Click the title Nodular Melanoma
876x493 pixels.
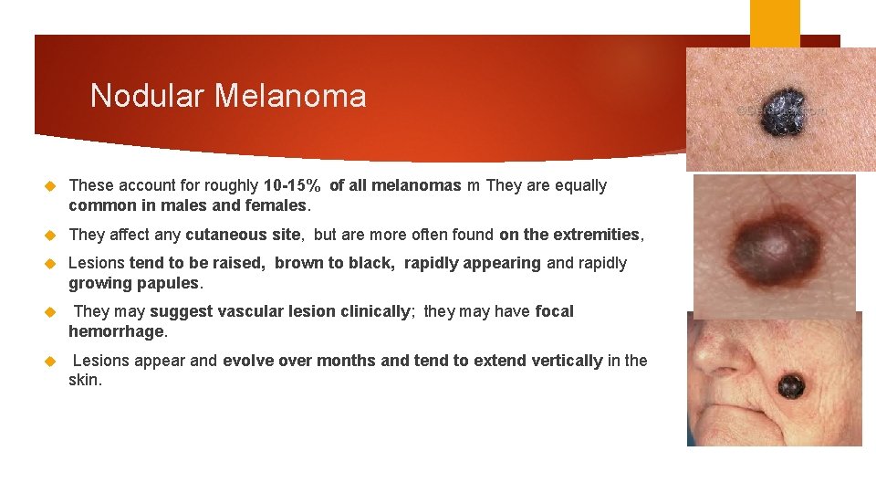pyautogui.click(x=228, y=96)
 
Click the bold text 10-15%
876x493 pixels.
pyautogui.click(x=292, y=185)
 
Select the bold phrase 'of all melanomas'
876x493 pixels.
pyautogui.click(x=395, y=185)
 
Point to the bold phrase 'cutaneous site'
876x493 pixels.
pyautogui.click(x=242, y=235)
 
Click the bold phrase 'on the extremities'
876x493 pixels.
pyautogui.click(x=569, y=235)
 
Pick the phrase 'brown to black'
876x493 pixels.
pyautogui.click(x=334, y=263)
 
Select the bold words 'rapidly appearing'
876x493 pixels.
pyautogui.click(x=472, y=263)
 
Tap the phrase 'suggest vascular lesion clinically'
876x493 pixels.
pyautogui.click(x=280, y=311)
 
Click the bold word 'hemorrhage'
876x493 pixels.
pyautogui.click(x=117, y=331)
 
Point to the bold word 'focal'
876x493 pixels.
pyautogui.click(x=554, y=311)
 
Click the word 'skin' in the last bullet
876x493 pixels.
pyautogui.click(x=84, y=380)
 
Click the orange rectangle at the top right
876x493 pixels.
pyautogui.click(x=774, y=23)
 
